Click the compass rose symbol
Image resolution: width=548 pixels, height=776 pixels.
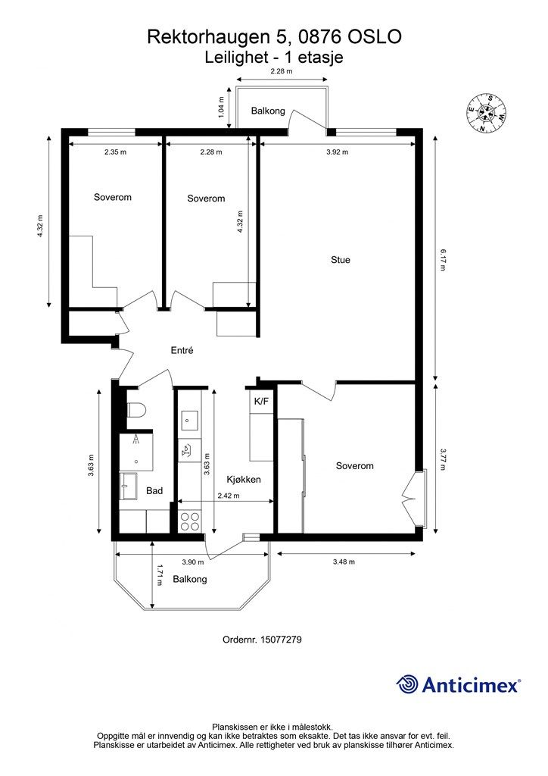click(x=486, y=113)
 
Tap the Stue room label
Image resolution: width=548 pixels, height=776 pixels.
click(x=341, y=260)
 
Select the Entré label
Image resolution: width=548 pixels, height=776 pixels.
click(x=182, y=350)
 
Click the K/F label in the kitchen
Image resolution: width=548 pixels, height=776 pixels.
click(x=261, y=402)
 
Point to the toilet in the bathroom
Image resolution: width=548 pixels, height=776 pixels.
click(x=136, y=410)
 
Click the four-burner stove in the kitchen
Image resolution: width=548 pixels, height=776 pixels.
click(x=190, y=521)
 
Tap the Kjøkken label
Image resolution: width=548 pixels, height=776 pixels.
click(x=244, y=479)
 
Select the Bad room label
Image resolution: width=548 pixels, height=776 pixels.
click(x=154, y=491)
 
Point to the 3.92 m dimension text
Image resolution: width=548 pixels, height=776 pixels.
click(x=337, y=152)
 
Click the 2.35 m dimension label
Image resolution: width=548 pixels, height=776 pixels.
click(x=115, y=152)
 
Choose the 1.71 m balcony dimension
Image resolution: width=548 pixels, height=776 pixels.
click(x=159, y=575)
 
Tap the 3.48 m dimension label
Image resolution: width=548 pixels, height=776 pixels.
click(x=344, y=562)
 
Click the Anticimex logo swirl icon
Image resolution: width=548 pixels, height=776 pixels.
click(x=407, y=684)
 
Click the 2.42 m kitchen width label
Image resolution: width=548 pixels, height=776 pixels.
click(x=229, y=496)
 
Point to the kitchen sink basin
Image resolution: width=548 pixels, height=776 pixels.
click(x=189, y=421)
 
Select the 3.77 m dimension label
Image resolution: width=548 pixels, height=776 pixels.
click(x=443, y=459)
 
